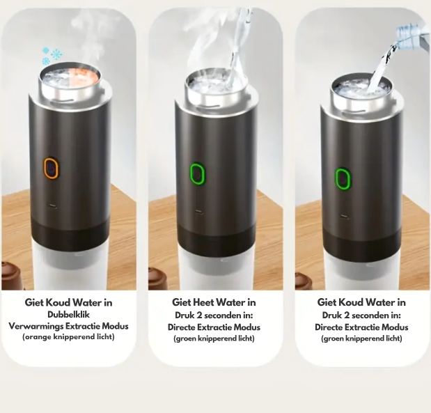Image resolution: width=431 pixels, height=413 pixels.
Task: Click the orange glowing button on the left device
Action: pyautogui.click(x=51, y=168)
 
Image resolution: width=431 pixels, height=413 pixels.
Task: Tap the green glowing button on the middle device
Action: pyautogui.click(x=197, y=173)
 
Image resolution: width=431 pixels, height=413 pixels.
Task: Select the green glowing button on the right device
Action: pyautogui.click(x=343, y=178)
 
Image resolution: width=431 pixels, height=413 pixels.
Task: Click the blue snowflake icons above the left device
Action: pyautogui.click(x=52, y=56)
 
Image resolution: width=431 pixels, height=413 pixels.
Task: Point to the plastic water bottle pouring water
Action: pyautogui.click(x=412, y=36)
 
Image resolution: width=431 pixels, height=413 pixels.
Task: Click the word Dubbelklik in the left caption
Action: pyautogui.click(x=68, y=314)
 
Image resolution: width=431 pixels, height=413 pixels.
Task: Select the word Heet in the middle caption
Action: pyautogui.click(x=202, y=302)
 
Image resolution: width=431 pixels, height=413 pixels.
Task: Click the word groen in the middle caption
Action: pyautogui.click(x=183, y=338)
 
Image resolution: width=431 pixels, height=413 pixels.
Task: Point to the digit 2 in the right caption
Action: pyautogui.click(x=347, y=315)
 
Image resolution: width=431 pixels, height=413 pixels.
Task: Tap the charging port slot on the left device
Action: pyautogui.click(x=52, y=205)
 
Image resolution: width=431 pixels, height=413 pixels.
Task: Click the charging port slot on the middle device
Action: pyautogui.click(x=198, y=211)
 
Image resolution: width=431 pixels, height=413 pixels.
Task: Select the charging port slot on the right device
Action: pyautogui.click(x=343, y=216)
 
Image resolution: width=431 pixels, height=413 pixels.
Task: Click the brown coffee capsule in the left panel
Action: pyautogui.click(x=10, y=276)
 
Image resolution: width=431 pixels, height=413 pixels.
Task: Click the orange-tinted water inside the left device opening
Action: pyautogui.click(x=84, y=75)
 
